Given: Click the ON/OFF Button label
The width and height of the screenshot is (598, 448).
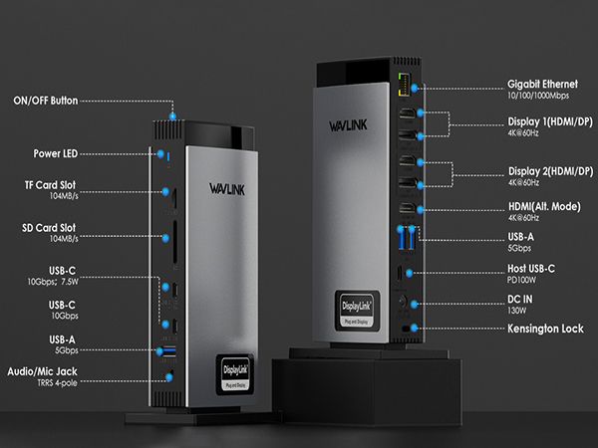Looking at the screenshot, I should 46,101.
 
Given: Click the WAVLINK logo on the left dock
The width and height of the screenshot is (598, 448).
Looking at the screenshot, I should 228,187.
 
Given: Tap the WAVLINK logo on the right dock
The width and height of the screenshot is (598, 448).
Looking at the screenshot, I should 350,126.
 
